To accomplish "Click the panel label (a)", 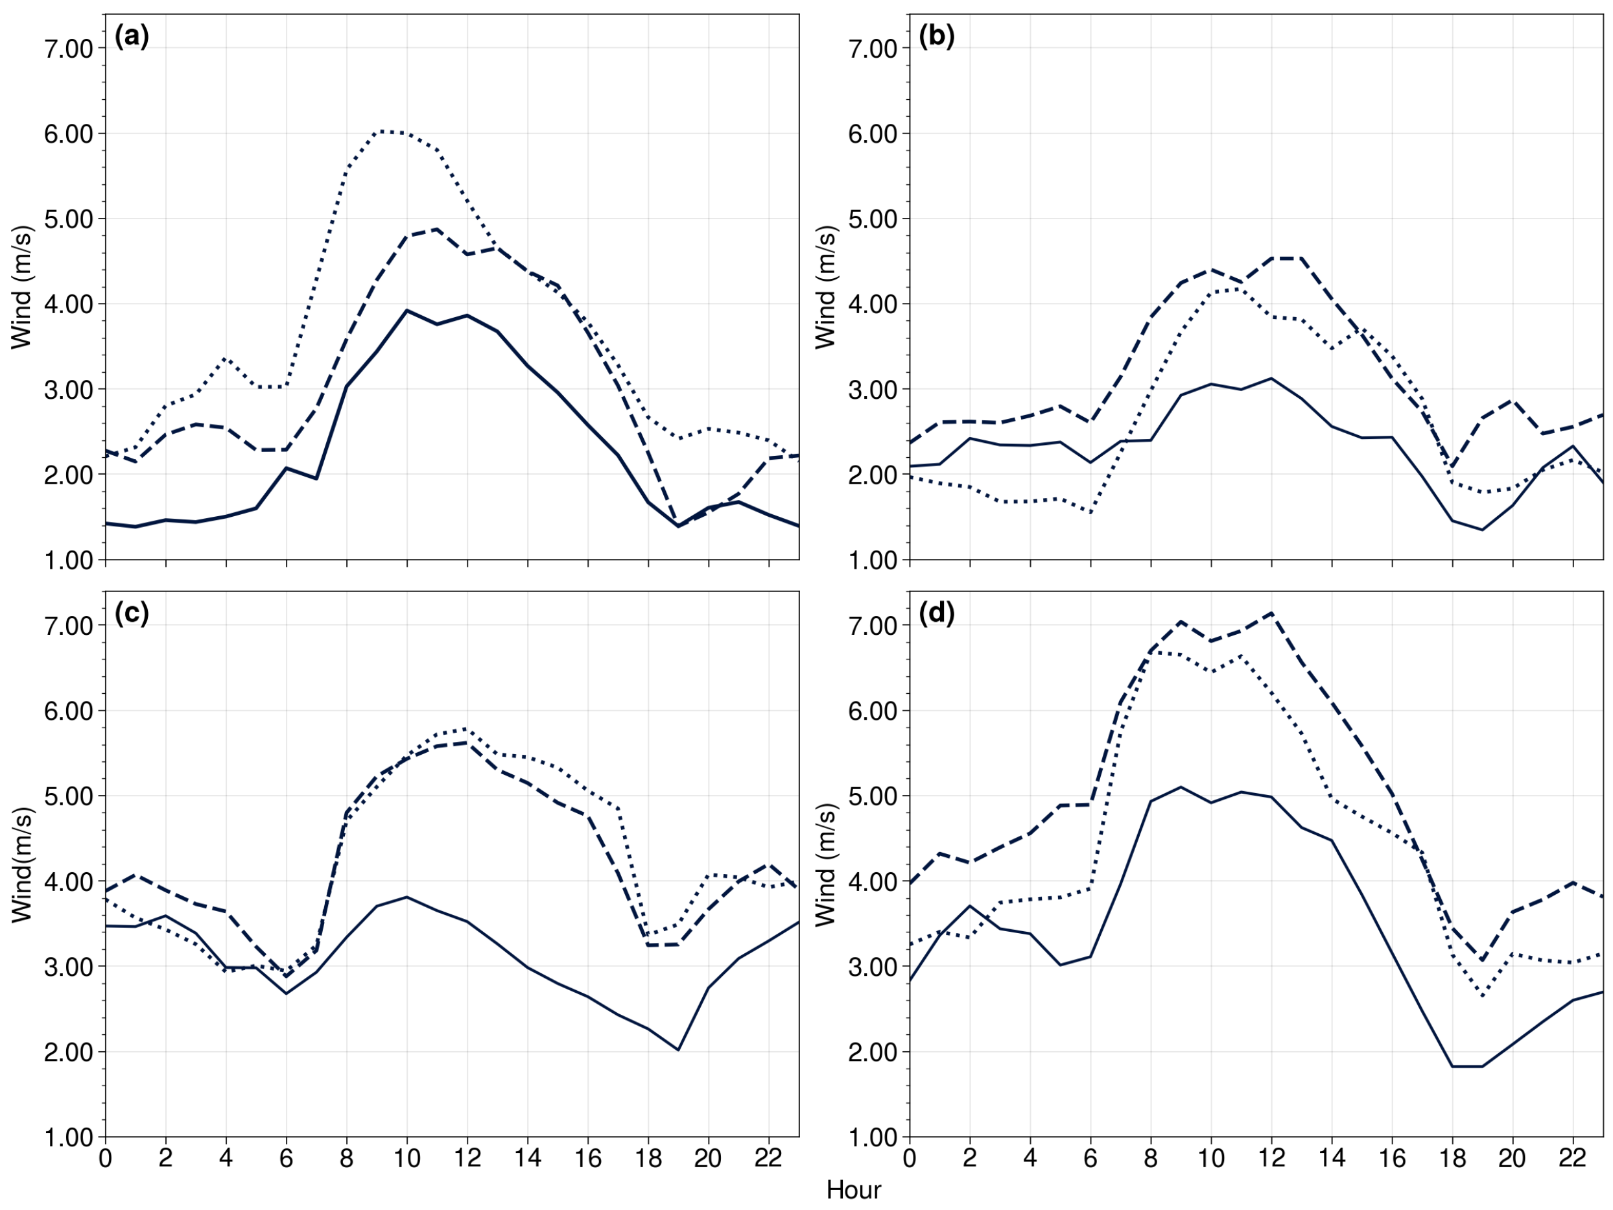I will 132,36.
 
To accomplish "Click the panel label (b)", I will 936,36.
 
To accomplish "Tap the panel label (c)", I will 132,614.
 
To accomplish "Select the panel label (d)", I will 936,614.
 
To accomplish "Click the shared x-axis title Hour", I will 853,1191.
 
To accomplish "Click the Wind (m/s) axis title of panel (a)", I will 22,287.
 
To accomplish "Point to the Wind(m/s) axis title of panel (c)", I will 22,865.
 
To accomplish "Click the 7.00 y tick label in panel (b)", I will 872,49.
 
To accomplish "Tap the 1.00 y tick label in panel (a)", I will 69,561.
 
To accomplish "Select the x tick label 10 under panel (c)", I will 407,1157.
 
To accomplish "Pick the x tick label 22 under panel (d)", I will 1573,1157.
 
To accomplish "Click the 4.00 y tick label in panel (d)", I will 872,882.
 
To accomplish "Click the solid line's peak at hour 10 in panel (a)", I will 407,310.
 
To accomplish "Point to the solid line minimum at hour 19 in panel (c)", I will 678,1050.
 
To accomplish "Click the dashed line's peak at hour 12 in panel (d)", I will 1271,613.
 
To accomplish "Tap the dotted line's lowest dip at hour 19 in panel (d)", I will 1483,995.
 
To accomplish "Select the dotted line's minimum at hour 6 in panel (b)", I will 1091,513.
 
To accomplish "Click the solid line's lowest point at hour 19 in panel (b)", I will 1483,530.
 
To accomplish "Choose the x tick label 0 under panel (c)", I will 106,1157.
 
